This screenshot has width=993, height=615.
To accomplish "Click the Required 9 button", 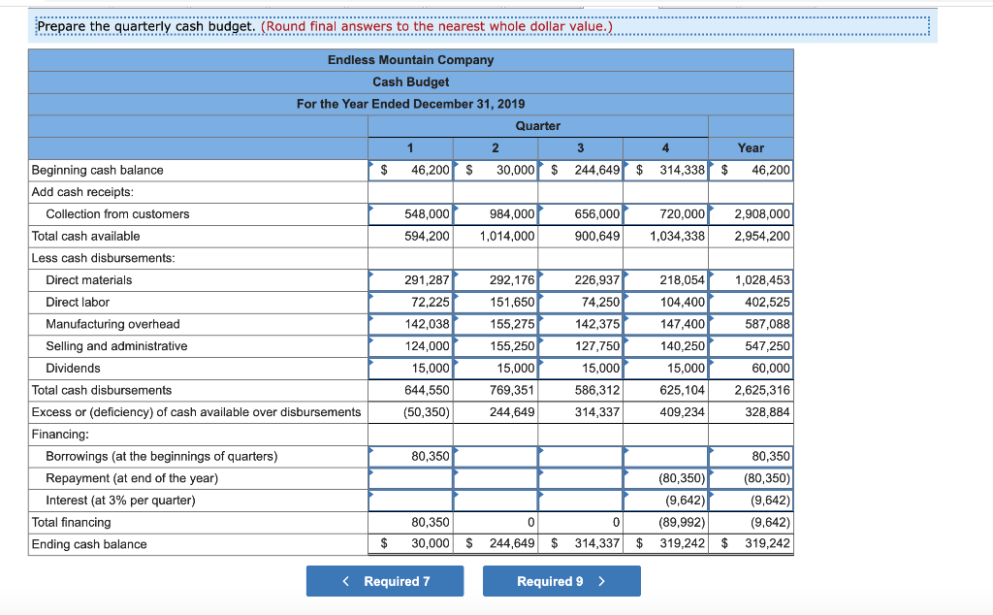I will (x=561, y=581).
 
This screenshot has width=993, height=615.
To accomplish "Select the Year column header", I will (x=751, y=147).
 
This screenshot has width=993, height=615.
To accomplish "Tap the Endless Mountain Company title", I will (x=410, y=60).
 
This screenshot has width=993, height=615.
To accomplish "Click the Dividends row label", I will (x=73, y=369).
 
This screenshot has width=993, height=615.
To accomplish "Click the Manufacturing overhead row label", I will (x=112, y=324).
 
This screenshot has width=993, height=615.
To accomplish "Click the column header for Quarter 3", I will (x=580, y=147).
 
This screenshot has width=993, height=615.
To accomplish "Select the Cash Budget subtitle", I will (x=410, y=82).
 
